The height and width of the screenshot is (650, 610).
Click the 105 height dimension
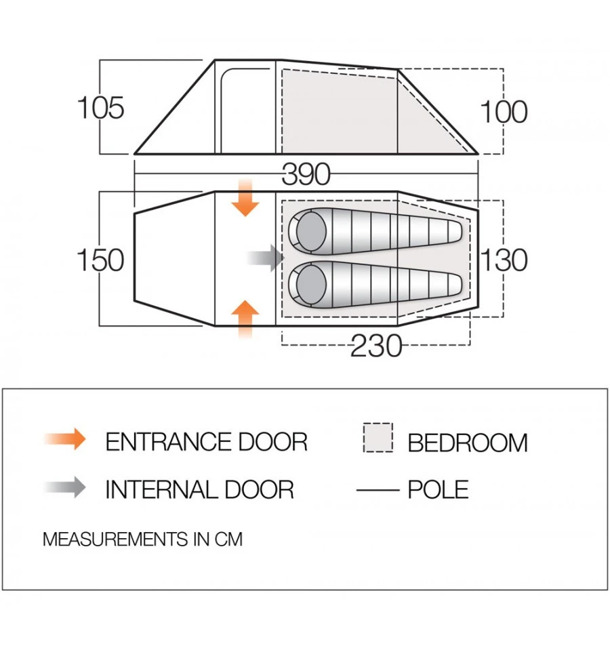click(101, 108)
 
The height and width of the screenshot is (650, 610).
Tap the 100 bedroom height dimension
click(503, 112)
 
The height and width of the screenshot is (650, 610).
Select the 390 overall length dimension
click(306, 175)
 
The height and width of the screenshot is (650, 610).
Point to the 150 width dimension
click(101, 260)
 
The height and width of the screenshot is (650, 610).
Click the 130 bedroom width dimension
click(504, 260)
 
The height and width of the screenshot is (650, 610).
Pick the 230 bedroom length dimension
click(376, 347)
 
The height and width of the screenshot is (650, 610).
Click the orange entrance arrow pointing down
click(245, 199)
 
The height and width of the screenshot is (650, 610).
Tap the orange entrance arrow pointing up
click(245, 317)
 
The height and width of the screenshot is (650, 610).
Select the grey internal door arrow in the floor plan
click(265, 258)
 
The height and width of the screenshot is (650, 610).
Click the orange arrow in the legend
click(66, 439)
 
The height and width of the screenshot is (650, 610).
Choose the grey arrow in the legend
click(66, 487)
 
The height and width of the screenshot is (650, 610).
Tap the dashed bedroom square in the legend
click(378, 438)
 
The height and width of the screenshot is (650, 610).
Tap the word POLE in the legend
click(438, 489)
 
